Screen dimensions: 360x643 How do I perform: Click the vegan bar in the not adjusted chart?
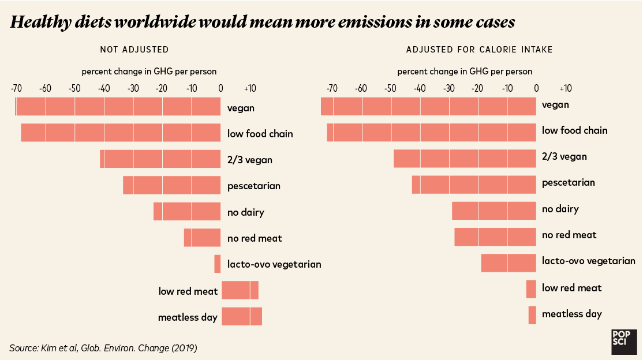(x=118, y=107)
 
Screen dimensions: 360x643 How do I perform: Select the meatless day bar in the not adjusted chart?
(x=241, y=317)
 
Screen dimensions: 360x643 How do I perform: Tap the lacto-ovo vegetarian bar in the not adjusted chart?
(x=218, y=264)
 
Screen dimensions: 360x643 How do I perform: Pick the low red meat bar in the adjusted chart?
(x=531, y=288)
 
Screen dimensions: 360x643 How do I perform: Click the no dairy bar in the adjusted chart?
(x=494, y=210)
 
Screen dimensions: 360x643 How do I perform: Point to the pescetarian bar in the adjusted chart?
(x=474, y=184)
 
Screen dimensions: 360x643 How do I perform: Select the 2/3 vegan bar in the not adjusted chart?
(x=160, y=159)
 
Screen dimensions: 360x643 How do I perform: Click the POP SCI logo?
(x=623, y=342)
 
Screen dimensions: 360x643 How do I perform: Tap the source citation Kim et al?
(x=103, y=348)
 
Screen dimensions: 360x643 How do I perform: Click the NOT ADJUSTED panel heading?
(x=134, y=50)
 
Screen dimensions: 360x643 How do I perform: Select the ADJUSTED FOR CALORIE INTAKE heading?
(x=479, y=50)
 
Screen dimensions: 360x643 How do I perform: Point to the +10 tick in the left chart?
(x=250, y=89)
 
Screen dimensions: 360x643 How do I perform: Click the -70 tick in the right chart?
(x=332, y=89)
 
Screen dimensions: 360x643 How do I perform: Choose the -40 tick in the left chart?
(x=104, y=89)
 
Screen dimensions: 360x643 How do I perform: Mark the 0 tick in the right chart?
(x=536, y=89)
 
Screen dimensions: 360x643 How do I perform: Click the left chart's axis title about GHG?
(x=149, y=72)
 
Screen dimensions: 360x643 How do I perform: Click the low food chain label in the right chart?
(x=574, y=130)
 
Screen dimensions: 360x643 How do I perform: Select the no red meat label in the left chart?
(x=255, y=238)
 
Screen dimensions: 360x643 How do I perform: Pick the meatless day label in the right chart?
(x=571, y=314)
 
